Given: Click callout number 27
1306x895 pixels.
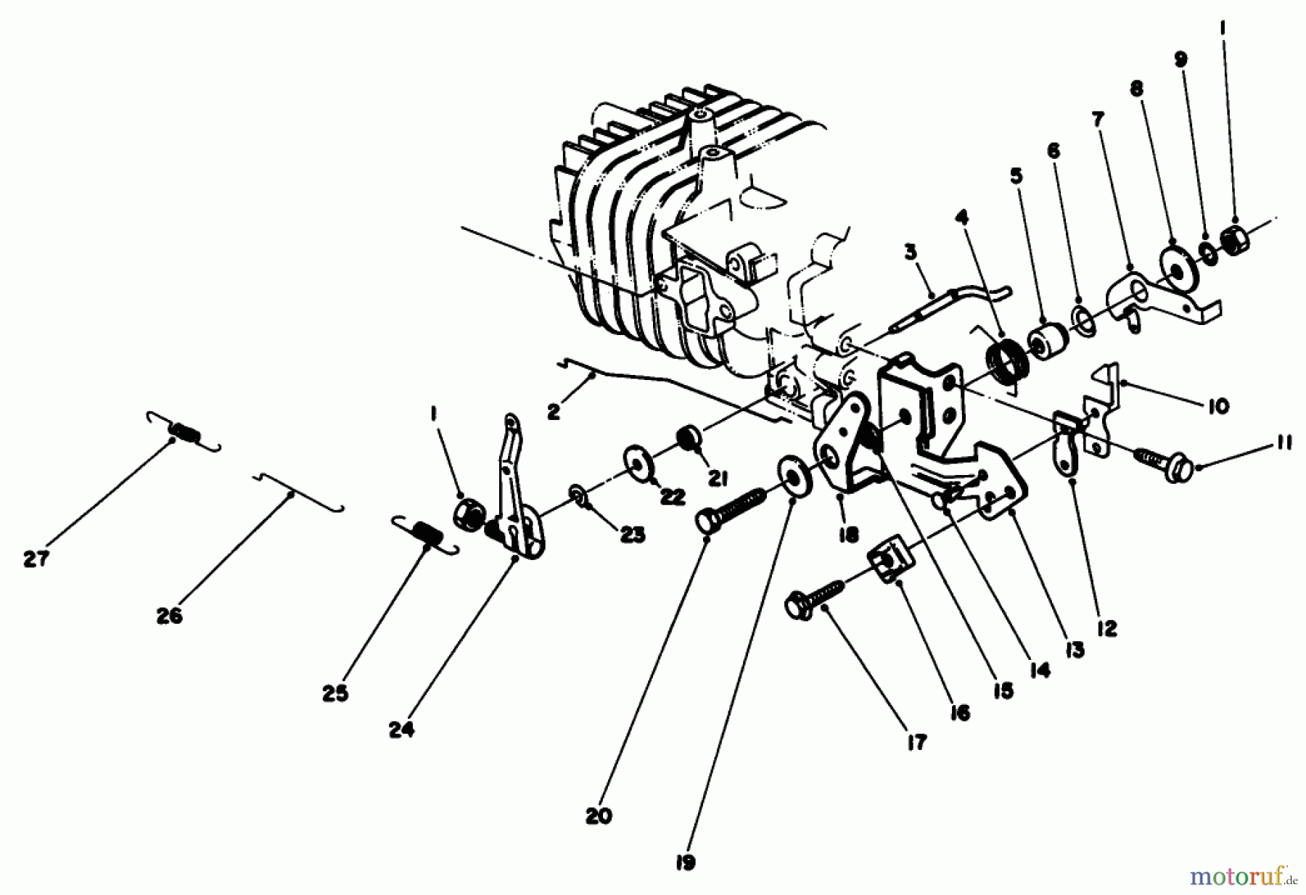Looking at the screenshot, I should click(x=36, y=559).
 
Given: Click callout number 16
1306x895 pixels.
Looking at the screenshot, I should click(x=958, y=714).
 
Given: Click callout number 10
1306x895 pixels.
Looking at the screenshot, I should click(x=1219, y=406).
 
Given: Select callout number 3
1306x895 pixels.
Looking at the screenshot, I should click(x=910, y=253).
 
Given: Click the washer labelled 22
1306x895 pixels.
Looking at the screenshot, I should click(x=638, y=463).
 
